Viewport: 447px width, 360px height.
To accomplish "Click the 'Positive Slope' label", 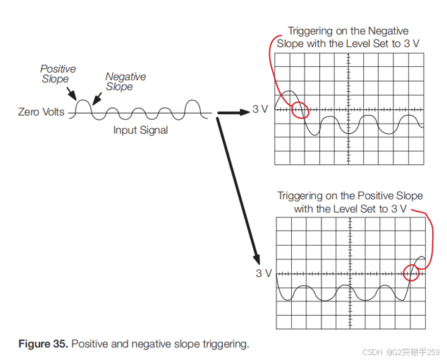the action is coord(58,74).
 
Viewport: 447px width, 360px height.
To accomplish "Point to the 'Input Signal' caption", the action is coord(140,130).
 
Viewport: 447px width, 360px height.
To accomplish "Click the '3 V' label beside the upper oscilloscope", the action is coord(261,110).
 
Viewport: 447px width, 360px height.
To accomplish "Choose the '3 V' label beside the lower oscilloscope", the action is coord(264,273).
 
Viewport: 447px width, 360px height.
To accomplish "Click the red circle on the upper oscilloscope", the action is coord(300,110).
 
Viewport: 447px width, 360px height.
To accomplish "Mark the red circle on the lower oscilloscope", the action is coord(411,272).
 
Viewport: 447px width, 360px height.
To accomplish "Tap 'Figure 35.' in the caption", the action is coord(44,344).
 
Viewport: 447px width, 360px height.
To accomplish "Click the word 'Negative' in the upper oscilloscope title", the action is coord(388,31).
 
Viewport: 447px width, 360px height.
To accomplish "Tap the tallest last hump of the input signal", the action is coord(192,106).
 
